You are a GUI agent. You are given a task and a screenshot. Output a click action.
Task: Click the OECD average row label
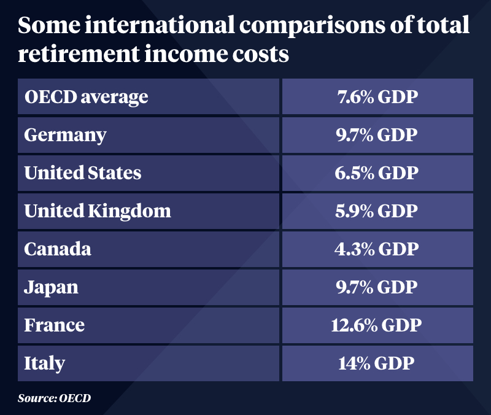[86, 96]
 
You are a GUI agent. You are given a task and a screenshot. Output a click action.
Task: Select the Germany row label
[65, 134]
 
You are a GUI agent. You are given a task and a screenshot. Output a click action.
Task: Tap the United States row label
[83, 173]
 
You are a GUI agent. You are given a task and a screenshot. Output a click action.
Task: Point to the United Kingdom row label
[98, 211]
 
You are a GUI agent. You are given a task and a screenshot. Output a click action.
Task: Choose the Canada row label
[58, 249]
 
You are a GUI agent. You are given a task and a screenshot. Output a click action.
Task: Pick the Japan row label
[52, 287]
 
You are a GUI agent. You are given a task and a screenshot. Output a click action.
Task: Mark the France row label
[54, 325]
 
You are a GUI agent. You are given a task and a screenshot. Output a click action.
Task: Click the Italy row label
[44, 363]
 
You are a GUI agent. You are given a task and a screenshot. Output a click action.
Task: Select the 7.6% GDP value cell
[377, 96]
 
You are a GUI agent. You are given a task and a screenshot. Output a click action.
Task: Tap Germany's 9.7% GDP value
[377, 134]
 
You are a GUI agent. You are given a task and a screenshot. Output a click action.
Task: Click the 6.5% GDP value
[377, 173]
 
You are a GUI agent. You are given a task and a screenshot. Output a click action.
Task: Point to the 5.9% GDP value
[377, 211]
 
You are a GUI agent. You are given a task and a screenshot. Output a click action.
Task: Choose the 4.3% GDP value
[377, 249]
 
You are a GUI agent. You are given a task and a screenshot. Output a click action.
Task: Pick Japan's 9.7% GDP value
[377, 287]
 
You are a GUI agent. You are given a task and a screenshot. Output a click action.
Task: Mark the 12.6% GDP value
[377, 325]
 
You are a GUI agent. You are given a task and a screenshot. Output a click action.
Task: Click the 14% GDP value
[377, 363]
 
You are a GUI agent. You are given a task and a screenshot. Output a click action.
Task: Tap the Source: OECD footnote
[54, 398]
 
